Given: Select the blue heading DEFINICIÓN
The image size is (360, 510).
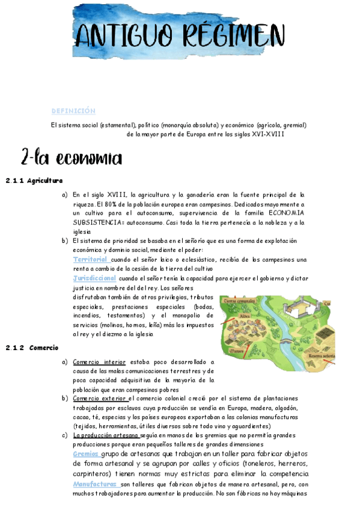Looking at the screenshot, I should pos(73,111).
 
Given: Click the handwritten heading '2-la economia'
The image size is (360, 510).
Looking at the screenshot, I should pos(71,158).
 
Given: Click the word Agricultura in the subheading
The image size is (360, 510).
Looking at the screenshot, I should pos(45,180).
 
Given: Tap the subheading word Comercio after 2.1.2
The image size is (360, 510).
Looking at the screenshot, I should pos(43,348).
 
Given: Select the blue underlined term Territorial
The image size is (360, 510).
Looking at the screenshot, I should pos(90,259).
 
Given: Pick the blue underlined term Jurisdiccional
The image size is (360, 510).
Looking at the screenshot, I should pos(94,278).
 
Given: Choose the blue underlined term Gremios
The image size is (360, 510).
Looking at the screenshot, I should pos(86,454).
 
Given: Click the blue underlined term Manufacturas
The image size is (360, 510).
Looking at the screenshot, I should pos(95,484).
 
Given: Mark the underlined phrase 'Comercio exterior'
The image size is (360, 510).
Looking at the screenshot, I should pos(100,398).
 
